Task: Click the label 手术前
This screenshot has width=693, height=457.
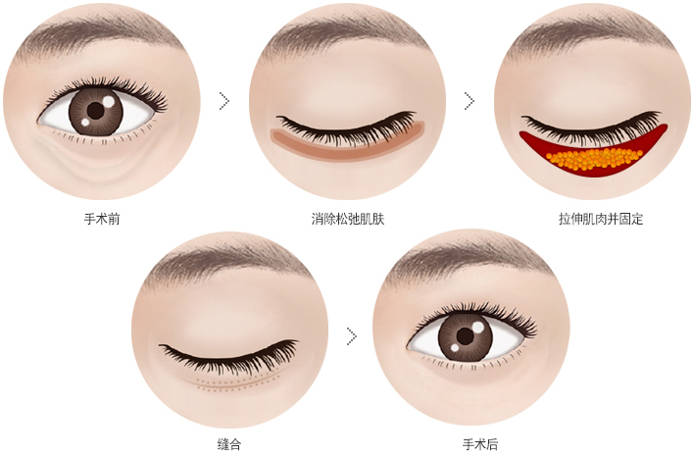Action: point(102,219)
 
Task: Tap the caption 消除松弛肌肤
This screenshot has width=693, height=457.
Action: point(348,219)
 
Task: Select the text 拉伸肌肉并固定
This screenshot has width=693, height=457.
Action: point(601,219)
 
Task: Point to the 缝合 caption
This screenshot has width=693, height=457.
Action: point(229,443)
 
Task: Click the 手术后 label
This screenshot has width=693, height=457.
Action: point(480,443)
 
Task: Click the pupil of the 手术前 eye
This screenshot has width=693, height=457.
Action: point(95,111)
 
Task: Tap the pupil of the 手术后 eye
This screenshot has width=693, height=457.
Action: point(465,336)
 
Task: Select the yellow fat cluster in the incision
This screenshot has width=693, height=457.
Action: point(594,159)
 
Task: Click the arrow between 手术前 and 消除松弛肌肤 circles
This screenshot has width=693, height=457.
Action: point(224,101)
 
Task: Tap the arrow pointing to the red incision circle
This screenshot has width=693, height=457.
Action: point(470,101)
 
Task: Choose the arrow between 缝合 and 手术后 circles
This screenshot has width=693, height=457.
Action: point(352,336)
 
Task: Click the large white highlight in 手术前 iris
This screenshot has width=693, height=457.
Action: point(108,102)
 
